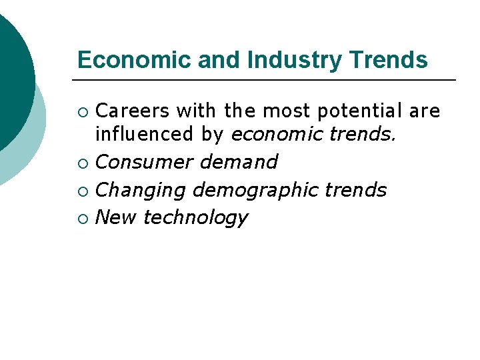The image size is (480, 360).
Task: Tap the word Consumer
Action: (x=144, y=162)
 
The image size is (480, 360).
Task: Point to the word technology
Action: (x=195, y=218)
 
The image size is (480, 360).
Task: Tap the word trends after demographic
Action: (x=356, y=190)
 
